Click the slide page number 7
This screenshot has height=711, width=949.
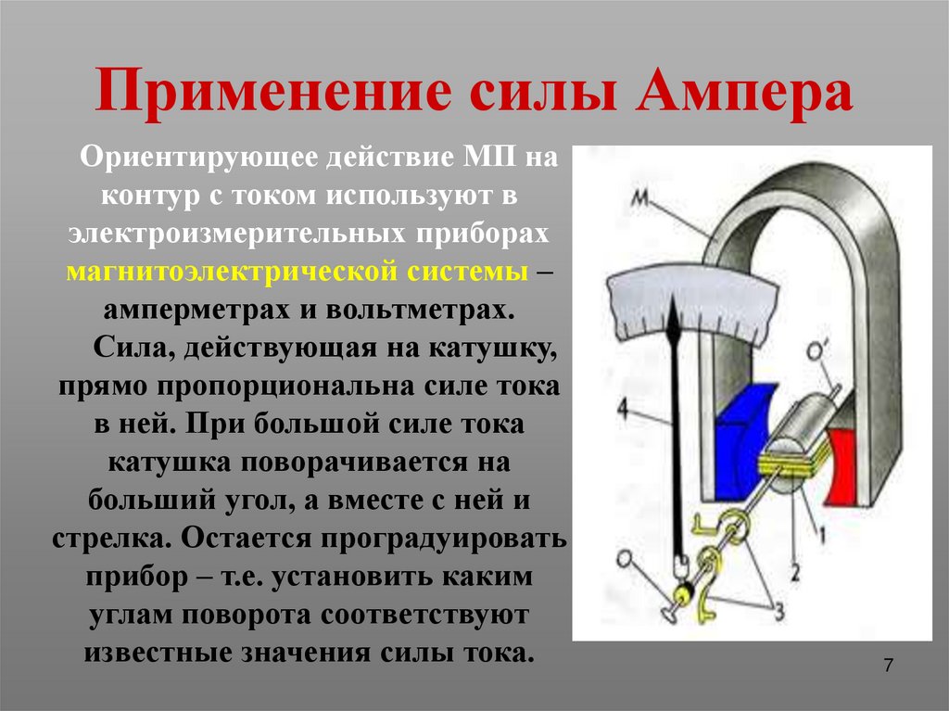point(888,666)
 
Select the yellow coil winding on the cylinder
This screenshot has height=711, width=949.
point(789,459)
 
